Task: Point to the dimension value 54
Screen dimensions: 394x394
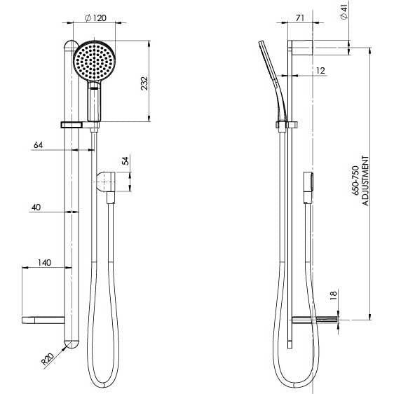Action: point(126,162)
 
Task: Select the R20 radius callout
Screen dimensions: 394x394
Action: point(48,360)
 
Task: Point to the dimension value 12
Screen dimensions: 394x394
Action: point(320,70)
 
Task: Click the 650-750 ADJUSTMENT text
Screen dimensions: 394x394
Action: point(360,184)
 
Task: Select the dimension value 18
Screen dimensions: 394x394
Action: point(334,297)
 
